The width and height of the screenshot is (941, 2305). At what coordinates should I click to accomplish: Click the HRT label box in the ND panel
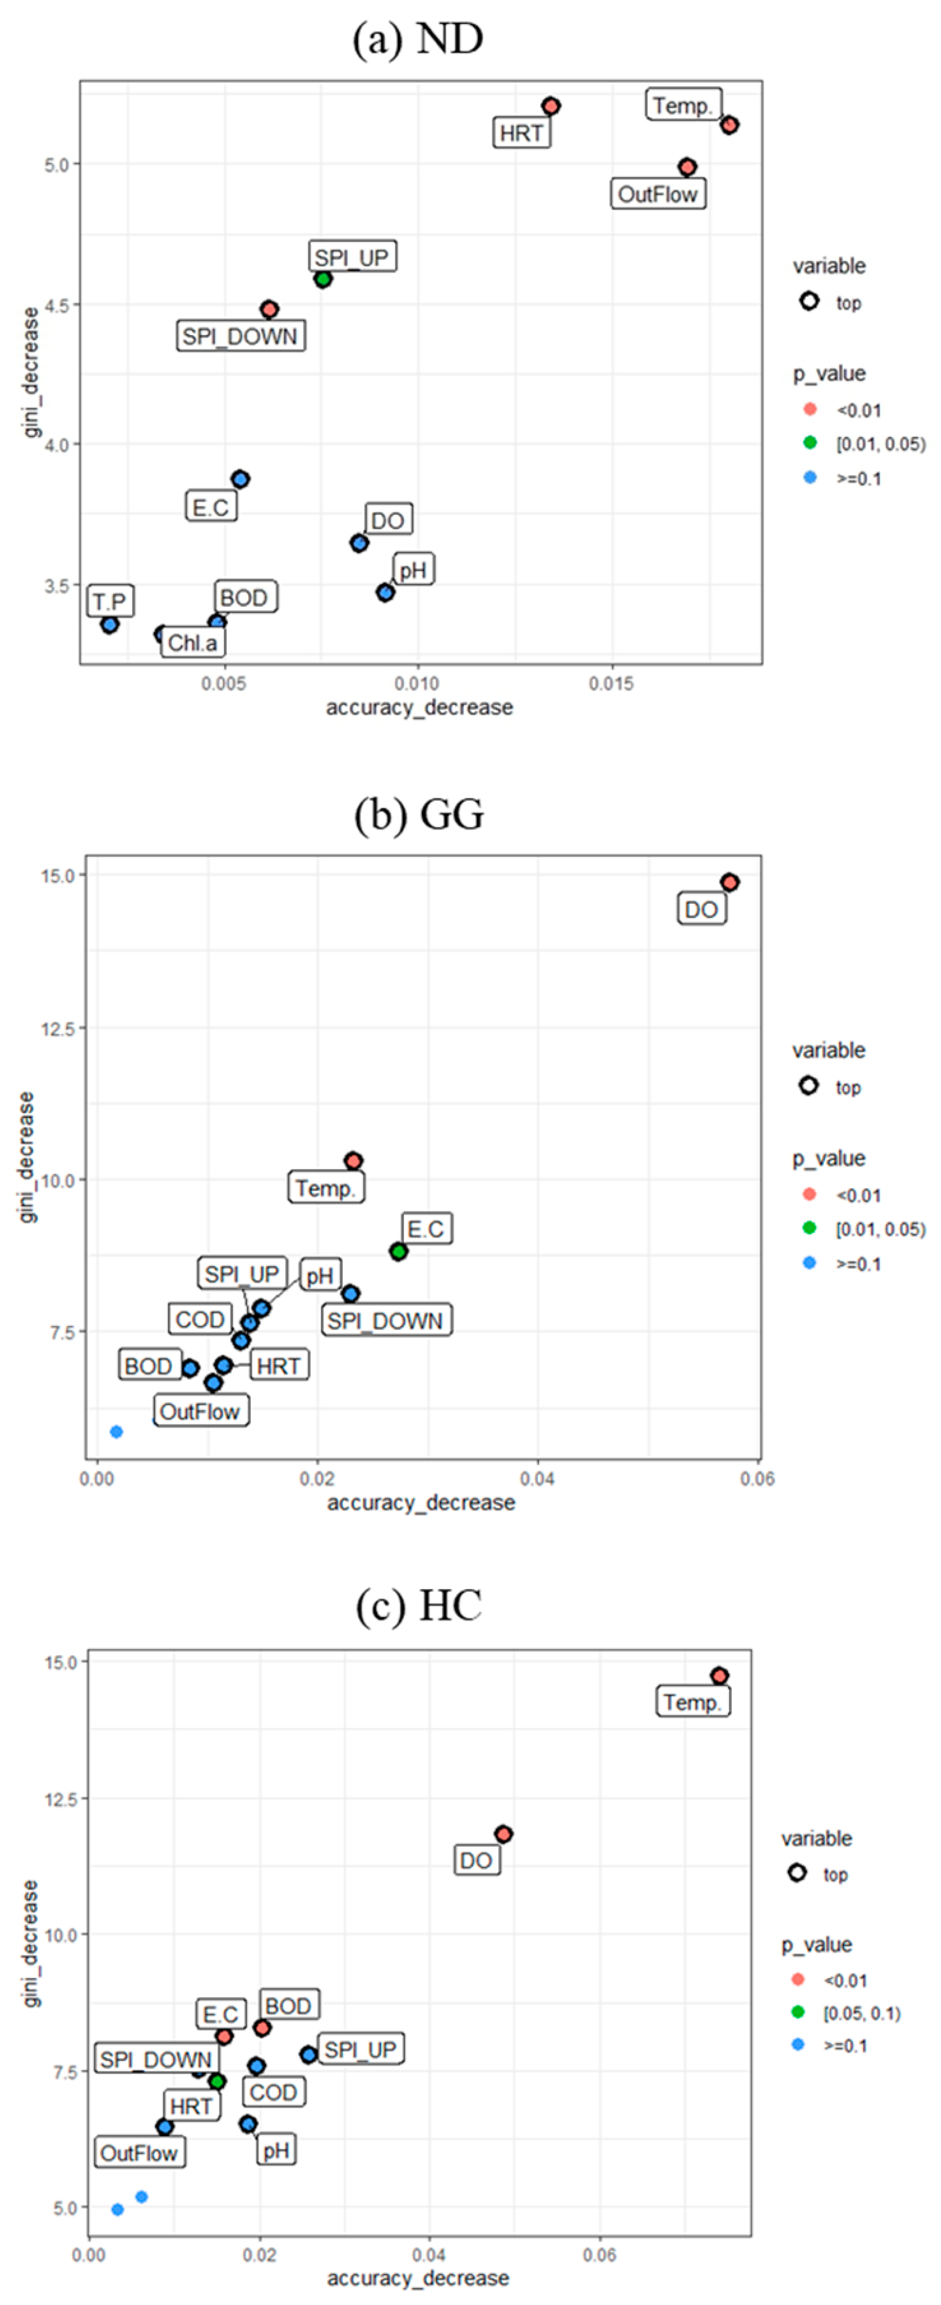[521, 134]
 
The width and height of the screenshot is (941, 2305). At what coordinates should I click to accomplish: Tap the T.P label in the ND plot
[110, 601]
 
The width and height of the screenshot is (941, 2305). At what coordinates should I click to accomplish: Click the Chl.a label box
[192, 642]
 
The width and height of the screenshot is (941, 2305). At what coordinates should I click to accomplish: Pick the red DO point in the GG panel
[730, 882]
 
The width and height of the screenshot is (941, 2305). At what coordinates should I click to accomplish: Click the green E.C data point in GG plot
[398, 1251]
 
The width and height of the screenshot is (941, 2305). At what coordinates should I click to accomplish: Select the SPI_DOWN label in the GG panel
[385, 1321]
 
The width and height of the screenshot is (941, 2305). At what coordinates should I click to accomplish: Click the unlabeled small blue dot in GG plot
[116, 1432]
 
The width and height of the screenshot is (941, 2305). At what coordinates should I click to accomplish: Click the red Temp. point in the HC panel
[719, 1676]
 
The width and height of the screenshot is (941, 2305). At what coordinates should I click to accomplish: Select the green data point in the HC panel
[216, 2081]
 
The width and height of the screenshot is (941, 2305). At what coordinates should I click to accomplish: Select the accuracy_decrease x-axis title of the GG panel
[420, 1502]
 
